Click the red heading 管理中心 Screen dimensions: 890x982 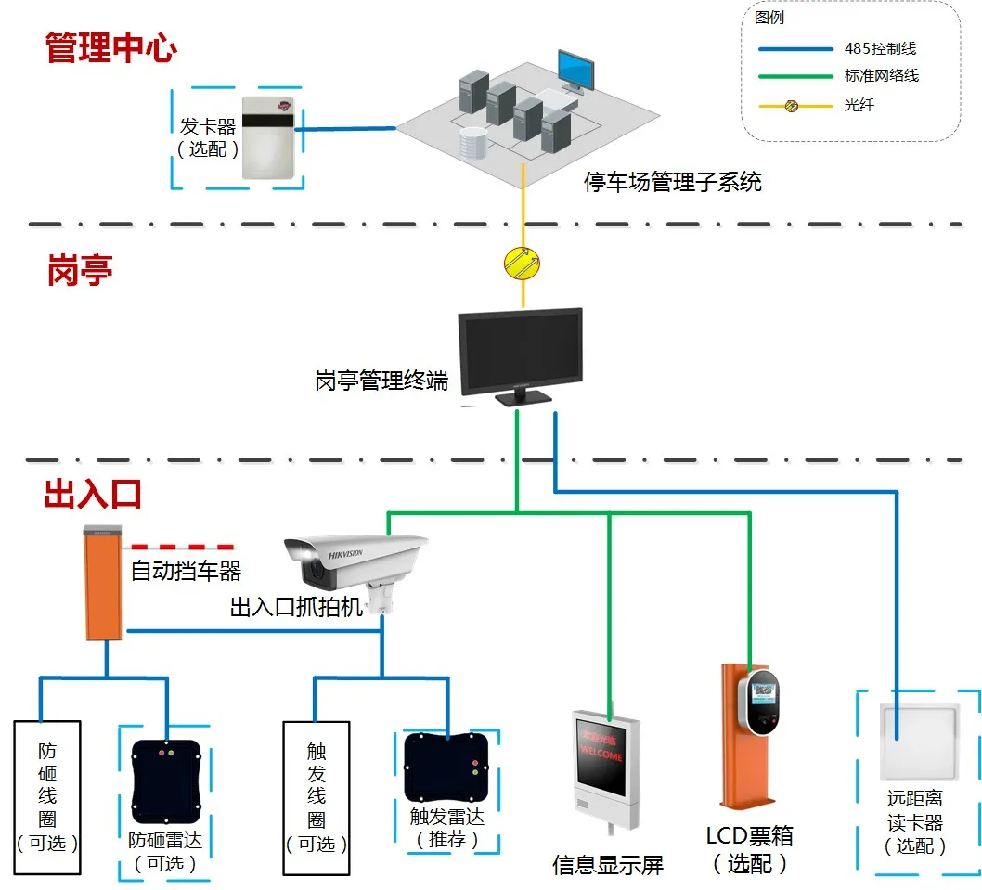click(110, 48)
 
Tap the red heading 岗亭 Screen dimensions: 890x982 click(80, 270)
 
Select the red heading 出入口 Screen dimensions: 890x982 click(93, 494)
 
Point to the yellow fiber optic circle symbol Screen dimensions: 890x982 click(521, 264)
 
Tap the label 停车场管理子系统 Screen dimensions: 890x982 click(672, 181)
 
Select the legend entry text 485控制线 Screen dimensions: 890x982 click(880, 48)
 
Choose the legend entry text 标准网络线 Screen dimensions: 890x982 click(882, 76)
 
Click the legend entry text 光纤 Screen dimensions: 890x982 click(859, 105)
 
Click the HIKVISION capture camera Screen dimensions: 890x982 click(357, 566)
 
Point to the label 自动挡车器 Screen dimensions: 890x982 click(186, 570)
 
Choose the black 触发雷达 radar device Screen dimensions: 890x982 click(446, 767)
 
